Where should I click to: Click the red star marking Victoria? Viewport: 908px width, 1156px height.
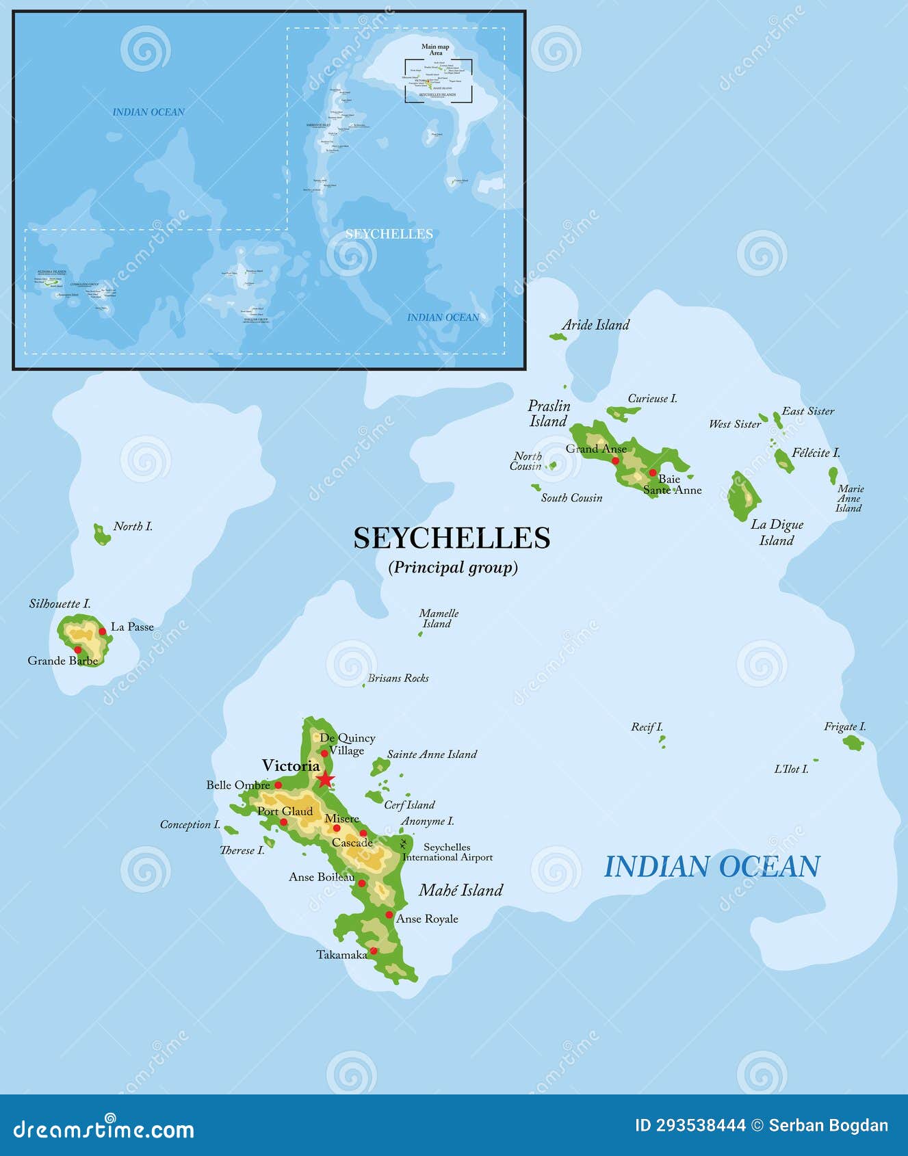pos(325,779)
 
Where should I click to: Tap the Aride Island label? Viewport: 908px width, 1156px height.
pos(595,325)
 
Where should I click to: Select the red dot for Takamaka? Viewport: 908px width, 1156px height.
pos(374,951)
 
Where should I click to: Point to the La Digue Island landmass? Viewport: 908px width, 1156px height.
pos(742,496)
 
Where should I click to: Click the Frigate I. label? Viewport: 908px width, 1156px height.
pos(844,726)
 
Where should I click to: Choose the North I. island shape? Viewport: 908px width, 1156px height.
pos(101,534)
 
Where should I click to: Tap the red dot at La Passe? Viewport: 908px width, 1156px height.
pos(103,631)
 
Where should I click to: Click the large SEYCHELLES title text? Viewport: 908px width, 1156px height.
pos(452,538)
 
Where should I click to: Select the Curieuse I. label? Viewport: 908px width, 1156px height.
pos(652,398)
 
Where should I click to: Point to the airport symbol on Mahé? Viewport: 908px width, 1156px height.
pos(404,843)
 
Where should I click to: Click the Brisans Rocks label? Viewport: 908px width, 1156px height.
pos(398,678)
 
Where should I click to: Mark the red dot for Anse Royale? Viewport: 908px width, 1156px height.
pos(389,915)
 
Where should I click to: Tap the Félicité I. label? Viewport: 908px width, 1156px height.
pos(816,452)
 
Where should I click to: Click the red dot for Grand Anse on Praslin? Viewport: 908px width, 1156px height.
pos(615,460)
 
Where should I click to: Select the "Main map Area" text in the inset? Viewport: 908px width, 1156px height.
pos(435,49)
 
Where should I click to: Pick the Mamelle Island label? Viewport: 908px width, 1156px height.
pos(439,618)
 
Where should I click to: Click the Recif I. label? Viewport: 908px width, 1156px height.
pos(647,726)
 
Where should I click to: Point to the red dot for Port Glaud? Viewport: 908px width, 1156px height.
pos(283,822)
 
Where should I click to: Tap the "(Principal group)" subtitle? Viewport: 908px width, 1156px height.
pos(453,567)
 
